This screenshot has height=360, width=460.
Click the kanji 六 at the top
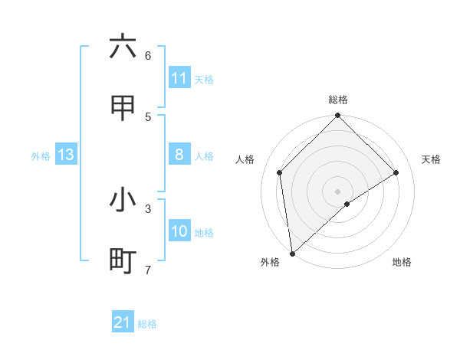tap(123, 47)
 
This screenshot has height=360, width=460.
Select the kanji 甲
tap(123, 108)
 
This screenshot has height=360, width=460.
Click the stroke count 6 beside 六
tap(148, 55)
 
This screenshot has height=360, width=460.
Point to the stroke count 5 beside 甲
tap(148, 116)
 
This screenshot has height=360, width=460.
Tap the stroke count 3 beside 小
tap(148, 208)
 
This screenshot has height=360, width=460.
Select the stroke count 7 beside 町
tap(148, 269)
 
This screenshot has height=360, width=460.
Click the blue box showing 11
tap(179, 78)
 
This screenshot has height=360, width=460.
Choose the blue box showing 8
tap(179, 155)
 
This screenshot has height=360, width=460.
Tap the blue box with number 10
tap(179, 231)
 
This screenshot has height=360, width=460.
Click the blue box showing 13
tap(65, 155)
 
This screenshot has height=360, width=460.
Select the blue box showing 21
tap(122, 322)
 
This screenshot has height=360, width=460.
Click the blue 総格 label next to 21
tap(147, 324)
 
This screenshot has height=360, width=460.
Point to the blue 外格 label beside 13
tap(41, 156)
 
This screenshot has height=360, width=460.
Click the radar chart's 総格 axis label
tap(338, 100)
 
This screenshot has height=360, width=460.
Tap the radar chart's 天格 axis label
tap(431, 159)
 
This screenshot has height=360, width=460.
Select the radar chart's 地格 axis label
tap(402, 262)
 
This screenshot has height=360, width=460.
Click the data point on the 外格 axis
tap(291, 254)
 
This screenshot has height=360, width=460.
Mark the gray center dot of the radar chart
tap(337, 190)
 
